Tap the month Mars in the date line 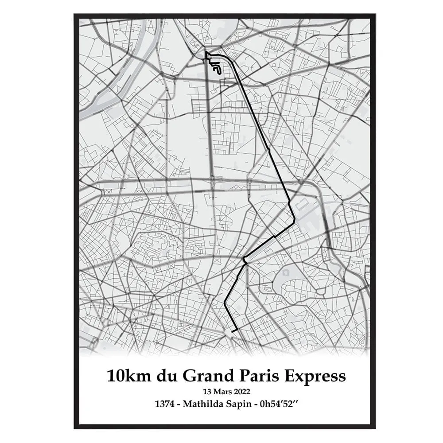point(222,391)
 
